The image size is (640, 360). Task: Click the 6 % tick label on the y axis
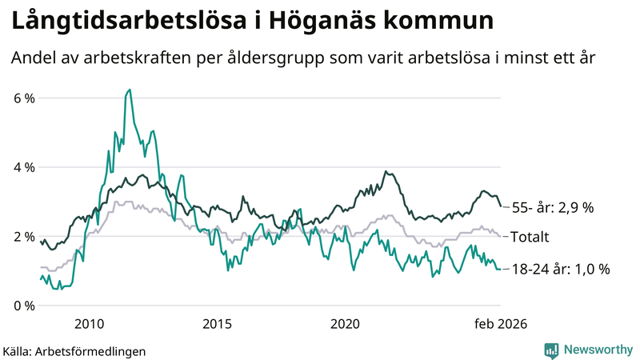click(x=24, y=98)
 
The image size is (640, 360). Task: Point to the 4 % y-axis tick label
click(x=24, y=168)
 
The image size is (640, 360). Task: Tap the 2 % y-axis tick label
click(x=24, y=237)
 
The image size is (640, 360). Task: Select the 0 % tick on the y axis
click(x=24, y=306)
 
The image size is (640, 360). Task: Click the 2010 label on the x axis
click(x=89, y=323)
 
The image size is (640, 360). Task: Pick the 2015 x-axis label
click(x=217, y=323)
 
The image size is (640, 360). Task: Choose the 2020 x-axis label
click(x=345, y=323)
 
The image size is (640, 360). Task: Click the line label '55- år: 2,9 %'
click(x=553, y=207)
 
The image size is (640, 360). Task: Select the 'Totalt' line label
click(x=530, y=237)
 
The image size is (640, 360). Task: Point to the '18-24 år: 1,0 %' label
click(x=560, y=270)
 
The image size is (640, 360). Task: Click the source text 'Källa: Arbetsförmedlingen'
click(x=75, y=350)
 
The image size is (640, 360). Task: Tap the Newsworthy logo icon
click(x=551, y=350)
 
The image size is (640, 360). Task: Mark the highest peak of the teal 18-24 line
click(x=130, y=90)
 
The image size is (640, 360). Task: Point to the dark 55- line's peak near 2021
click(x=386, y=171)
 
